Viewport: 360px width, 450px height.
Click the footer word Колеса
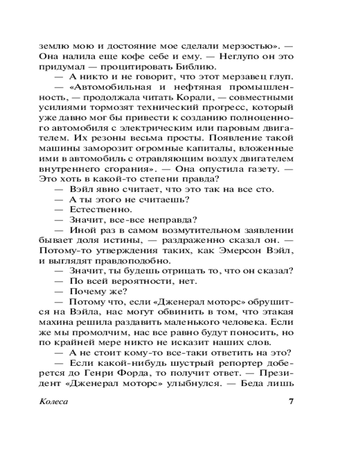coord(53,401)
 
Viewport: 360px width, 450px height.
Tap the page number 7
coord(291,401)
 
